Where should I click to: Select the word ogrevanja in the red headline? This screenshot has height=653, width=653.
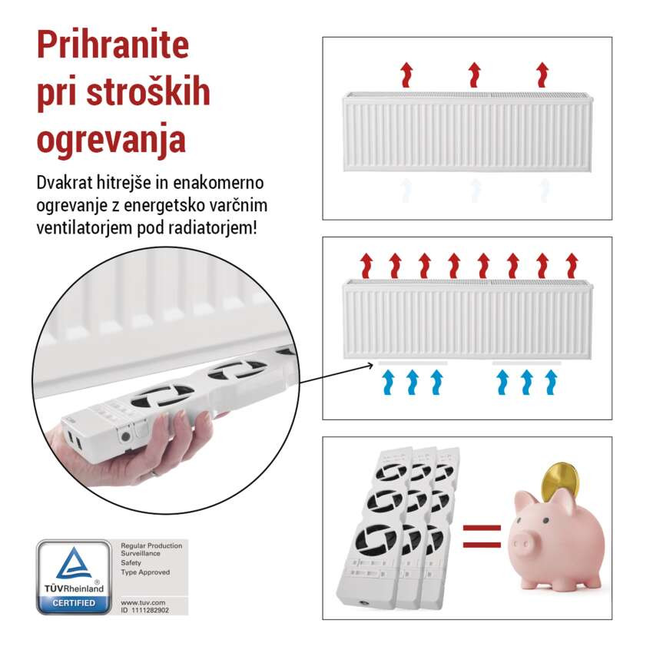point(111,139)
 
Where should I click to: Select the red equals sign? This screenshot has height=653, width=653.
point(482,536)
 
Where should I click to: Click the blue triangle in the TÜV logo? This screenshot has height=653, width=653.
point(74,565)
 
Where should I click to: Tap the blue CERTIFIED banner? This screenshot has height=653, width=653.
point(74,602)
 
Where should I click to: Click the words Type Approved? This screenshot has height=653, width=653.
point(145,572)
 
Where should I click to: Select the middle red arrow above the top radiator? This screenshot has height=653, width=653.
point(474,75)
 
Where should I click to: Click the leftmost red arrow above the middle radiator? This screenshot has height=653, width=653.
point(366,265)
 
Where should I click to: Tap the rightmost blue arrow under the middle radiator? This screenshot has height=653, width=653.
point(550,382)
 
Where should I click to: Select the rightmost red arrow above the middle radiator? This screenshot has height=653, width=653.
point(572,265)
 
